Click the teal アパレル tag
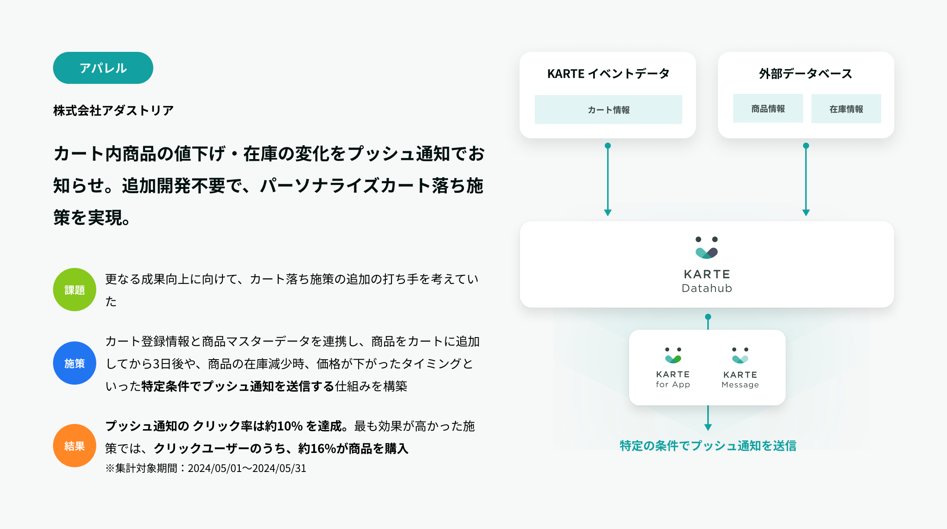[x=103, y=68]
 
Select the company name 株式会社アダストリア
[x=113, y=111]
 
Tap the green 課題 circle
[x=74, y=290]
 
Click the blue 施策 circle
[x=74, y=363]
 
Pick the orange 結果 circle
[x=74, y=446]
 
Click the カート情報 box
[x=608, y=110]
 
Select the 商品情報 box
[x=768, y=108]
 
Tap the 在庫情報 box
[x=846, y=109]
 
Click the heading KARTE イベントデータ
[x=608, y=74]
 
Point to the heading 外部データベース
[x=806, y=74]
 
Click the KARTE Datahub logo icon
[x=707, y=248]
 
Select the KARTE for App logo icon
[x=673, y=355]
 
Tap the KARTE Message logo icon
[x=740, y=355]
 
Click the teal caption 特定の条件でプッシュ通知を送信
[x=708, y=446]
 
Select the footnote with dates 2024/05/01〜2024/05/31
[x=206, y=468]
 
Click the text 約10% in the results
[x=284, y=426]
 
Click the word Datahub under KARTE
[x=707, y=288]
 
